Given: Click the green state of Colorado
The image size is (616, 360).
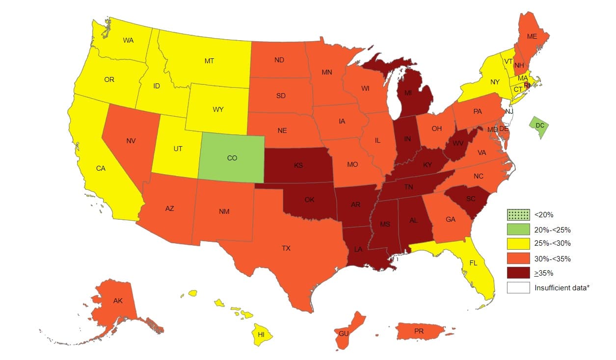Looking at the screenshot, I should pyautogui.click(x=232, y=158).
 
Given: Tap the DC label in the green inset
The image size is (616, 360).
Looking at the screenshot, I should pyautogui.click(x=540, y=126).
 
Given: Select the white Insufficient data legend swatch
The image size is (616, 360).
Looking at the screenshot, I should pyautogui.click(x=519, y=287).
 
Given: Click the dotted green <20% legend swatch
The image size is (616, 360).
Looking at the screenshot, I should pyautogui.click(x=519, y=214).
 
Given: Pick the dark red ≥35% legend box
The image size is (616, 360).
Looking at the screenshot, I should pyautogui.click(x=519, y=273).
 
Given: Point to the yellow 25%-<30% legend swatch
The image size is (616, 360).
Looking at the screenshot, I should pyautogui.click(x=519, y=244).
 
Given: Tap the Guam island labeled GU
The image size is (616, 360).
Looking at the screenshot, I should pyautogui.click(x=344, y=333).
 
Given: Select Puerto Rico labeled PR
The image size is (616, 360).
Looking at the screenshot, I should pyautogui.click(x=419, y=331).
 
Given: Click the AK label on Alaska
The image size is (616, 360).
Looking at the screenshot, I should pyautogui.click(x=118, y=301).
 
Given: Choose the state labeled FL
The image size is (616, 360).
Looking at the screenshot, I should pyautogui.click(x=473, y=263).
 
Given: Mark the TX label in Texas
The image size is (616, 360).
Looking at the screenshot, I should pyautogui.click(x=286, y=248).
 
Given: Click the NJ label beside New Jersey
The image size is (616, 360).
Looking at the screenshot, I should pyautogui.click(x=509, y=111).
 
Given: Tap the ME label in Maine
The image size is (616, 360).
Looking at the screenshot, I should pyautogui.click(x=532, y=36).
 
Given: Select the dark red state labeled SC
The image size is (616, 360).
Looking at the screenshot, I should pyautogui.click(x=471, y=199).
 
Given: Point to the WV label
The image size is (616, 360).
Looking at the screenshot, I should pyautogui.click(x=458, y=143).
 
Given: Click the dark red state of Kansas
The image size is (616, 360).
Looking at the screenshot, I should pyautogui.click(x=298, y=165).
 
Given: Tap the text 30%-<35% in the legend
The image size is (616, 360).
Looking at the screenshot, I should pyautogui.click(x=552, y=258).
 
